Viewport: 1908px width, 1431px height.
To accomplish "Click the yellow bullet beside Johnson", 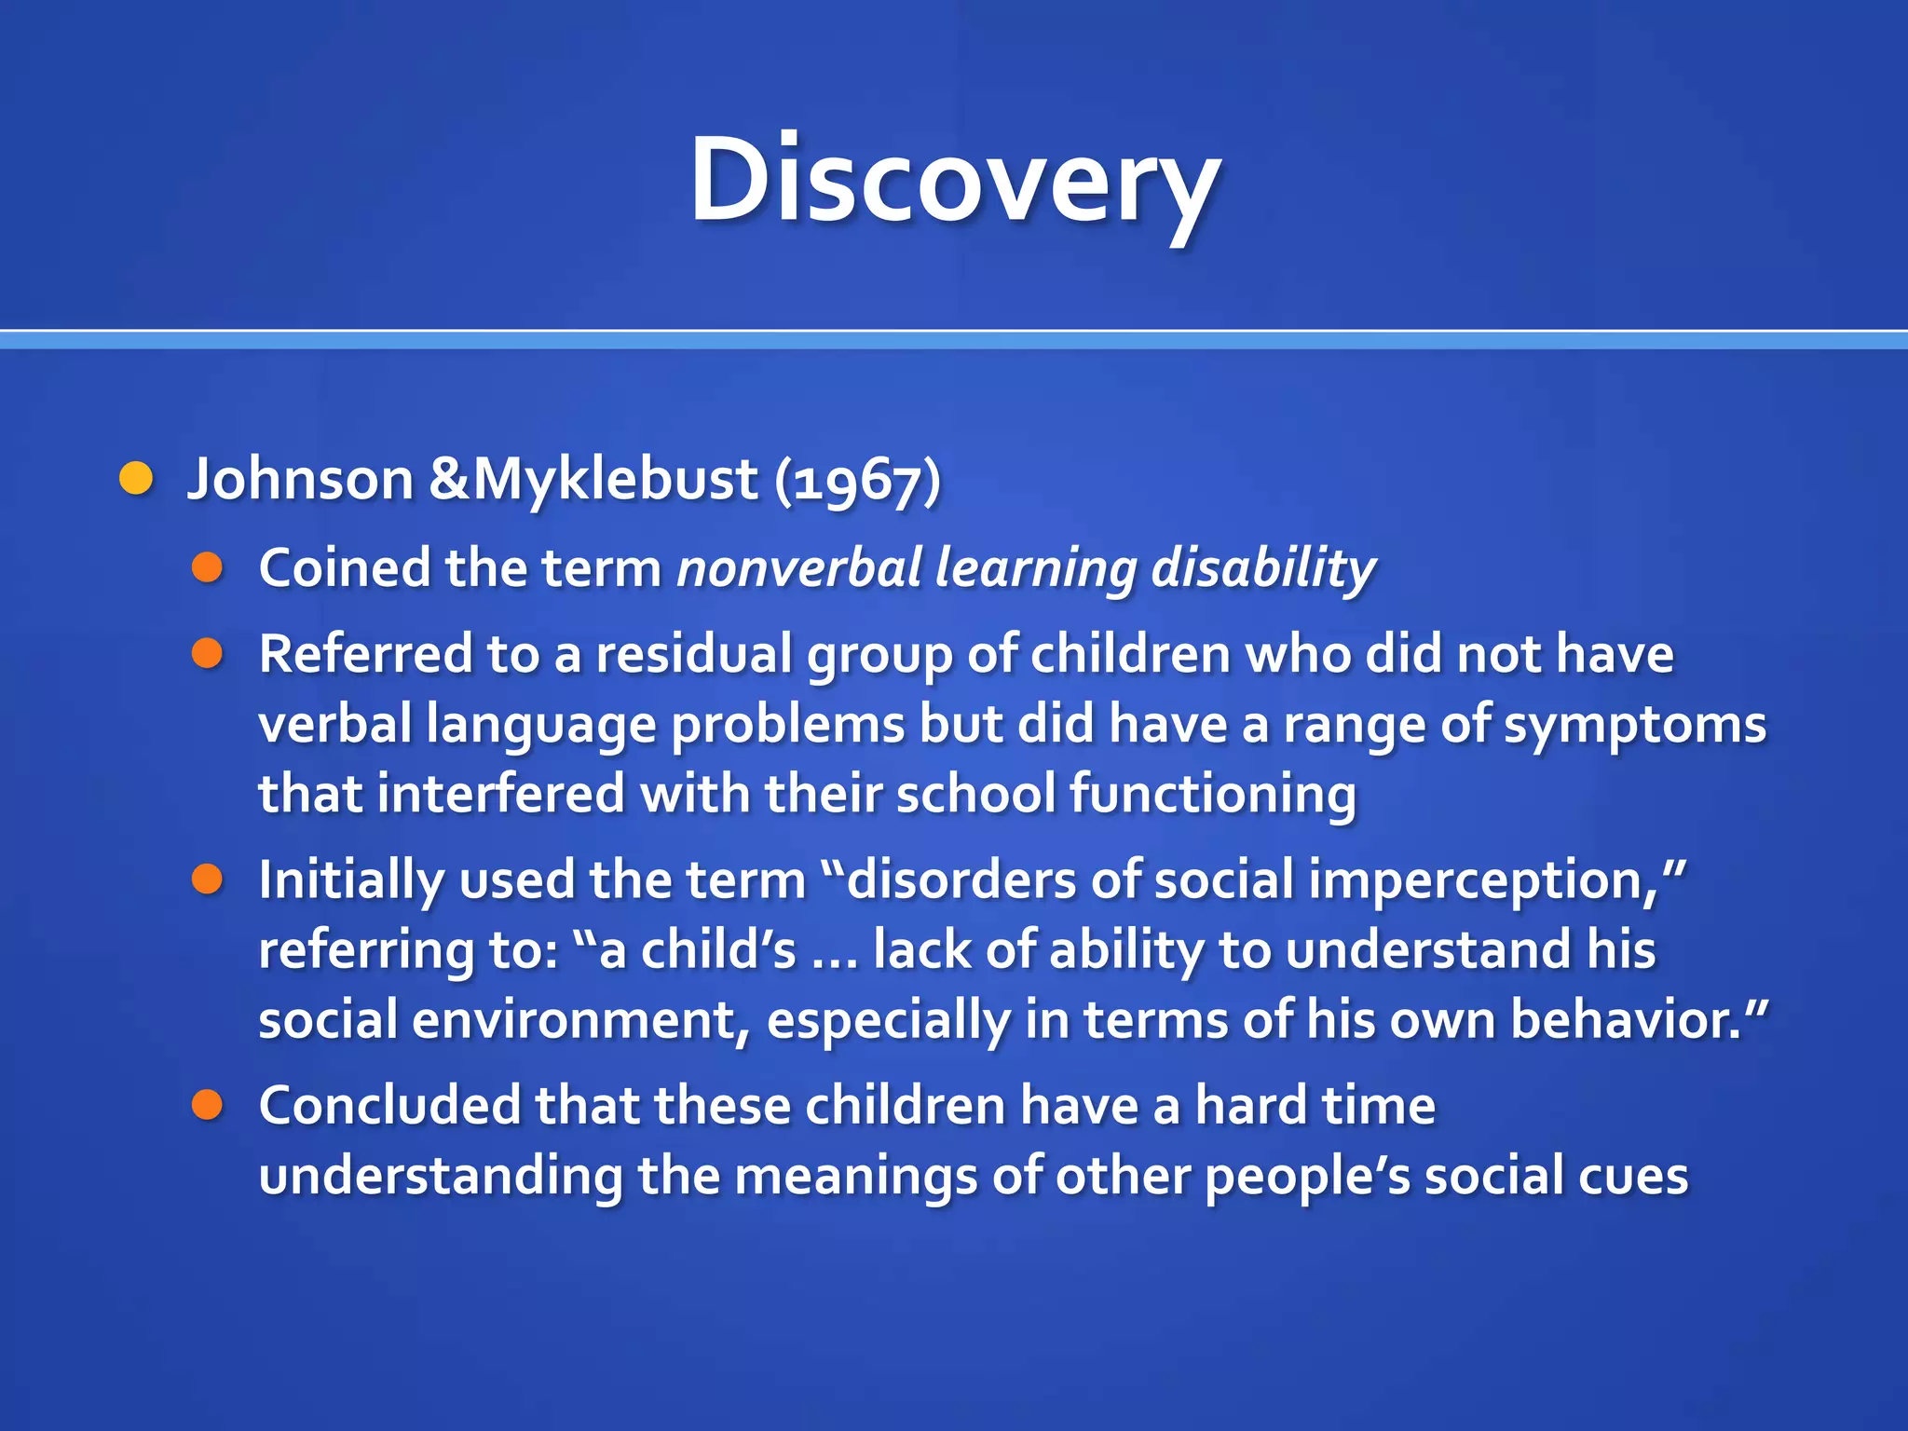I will (x=136, y=479).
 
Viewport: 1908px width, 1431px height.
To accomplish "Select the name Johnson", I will (x=300, y=479).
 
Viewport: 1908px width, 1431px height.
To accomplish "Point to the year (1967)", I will (x=857, y=481).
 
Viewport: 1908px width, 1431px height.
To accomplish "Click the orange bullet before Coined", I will (x=207, y=567).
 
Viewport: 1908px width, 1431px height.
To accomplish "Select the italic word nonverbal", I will (x=799, y=567).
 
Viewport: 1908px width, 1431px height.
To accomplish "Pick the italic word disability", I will (x=1262, y=567).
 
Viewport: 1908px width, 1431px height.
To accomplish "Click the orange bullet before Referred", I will (x=207, y=653).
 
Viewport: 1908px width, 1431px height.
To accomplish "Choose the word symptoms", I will (x=1634, y=725).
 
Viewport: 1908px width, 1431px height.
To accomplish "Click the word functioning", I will (x=1212, y=794).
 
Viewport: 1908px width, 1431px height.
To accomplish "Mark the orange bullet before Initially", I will (x=207, y=879).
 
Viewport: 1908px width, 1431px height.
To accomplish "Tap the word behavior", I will (x=1625, y=1019).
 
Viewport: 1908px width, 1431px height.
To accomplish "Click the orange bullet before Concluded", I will (x=207, y=1105).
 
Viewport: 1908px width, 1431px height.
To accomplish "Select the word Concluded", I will (x=389, y=1105).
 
